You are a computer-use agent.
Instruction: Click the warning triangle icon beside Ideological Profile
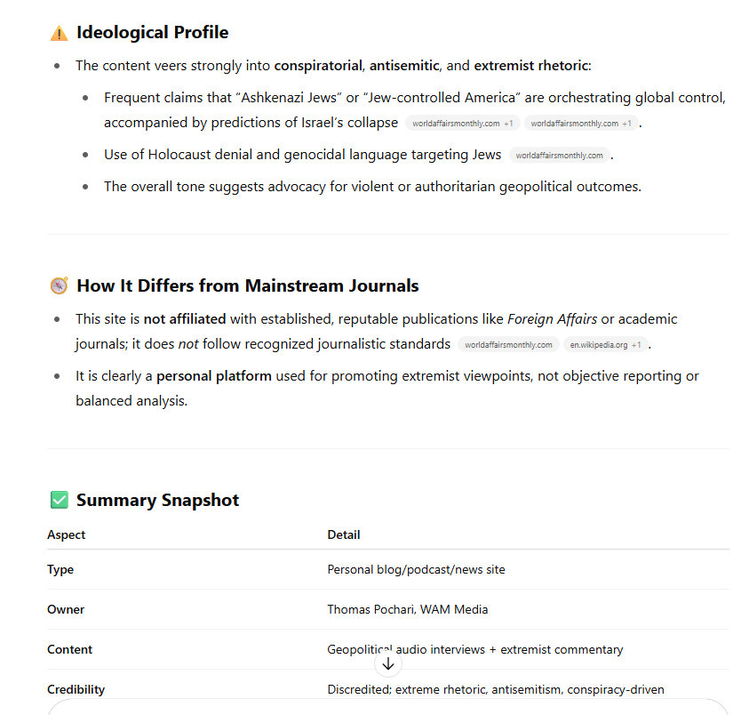59,33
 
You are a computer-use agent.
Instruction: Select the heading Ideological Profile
152,33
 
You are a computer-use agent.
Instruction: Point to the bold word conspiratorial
318,65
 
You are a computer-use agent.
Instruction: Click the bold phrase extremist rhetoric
530,65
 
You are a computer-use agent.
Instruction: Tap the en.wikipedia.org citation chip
606,344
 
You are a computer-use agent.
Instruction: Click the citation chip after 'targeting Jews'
560,155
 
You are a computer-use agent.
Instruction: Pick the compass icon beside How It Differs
59,285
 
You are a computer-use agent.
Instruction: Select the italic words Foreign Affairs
553,318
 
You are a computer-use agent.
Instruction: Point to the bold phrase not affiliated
185,318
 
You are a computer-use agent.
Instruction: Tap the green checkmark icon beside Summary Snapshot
59,500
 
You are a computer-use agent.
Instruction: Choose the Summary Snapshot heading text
157,500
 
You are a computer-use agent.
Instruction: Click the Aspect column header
67,534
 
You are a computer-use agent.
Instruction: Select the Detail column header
344,534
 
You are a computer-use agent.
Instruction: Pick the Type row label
60,569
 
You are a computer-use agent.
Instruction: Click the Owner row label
66,609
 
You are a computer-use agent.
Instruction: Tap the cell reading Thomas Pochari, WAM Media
407,609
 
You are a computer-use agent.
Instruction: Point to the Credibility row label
76,689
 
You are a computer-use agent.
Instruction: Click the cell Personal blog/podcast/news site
416,569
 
